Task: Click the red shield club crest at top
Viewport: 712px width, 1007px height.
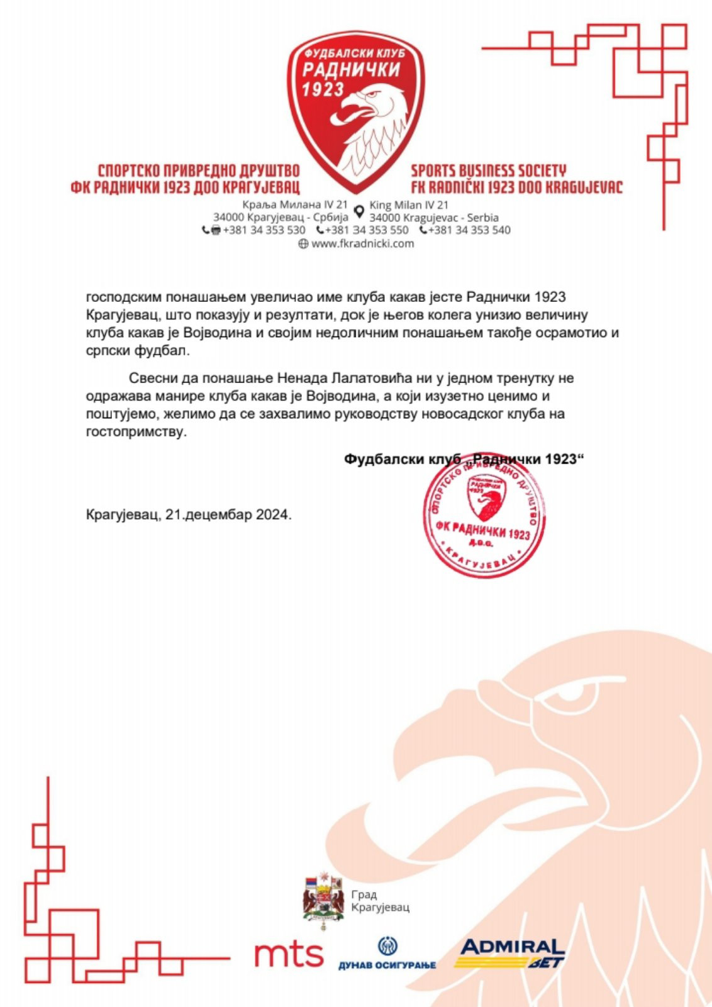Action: [x=355, y=110]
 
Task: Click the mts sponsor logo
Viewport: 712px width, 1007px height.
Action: [x=289, y=954]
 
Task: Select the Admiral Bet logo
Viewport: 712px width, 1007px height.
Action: [x=511, y=952]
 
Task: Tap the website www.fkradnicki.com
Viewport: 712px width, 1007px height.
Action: [x=363, y=244]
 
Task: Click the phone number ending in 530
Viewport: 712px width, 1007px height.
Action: [x=264, y=230]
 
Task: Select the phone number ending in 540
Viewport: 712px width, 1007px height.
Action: [x=469, y=230]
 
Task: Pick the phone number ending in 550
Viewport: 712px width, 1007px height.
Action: [x=367, y=230]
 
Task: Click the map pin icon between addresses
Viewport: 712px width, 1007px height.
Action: [x=359, y=211]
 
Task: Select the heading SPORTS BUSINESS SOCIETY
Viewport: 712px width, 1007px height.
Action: [x=489, y=170]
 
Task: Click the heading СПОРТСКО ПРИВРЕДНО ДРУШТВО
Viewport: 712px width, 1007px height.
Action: [x=199, y=170]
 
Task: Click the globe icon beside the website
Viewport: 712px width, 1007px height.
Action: [x=303, y=244]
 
